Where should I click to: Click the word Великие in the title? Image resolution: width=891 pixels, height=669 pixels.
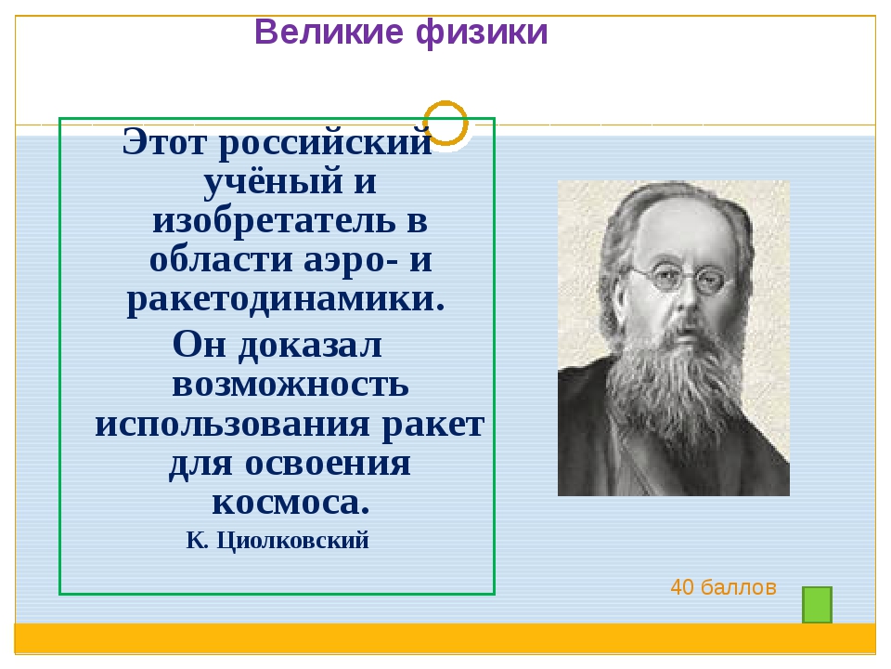[329, 32]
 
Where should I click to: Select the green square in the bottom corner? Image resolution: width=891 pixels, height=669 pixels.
[817, 605]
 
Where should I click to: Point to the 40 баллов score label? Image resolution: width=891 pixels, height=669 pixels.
[723, 587]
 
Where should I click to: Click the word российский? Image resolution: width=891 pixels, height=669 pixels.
[326, 143]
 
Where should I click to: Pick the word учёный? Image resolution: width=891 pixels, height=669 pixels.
[273, 181]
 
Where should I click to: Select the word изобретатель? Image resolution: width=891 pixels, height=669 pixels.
[275, 221]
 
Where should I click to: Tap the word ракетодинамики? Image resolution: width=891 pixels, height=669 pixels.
[286, 300]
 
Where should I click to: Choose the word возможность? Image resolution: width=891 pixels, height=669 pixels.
[291, 385]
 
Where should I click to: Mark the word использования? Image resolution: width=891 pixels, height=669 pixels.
[232, 425]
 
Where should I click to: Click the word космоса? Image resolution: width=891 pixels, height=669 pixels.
[291, 503]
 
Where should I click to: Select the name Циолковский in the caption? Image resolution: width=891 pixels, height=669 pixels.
[292, 541]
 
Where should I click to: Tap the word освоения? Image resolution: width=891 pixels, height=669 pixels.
[328, 465]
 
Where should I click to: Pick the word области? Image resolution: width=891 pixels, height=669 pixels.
[222, 261]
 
